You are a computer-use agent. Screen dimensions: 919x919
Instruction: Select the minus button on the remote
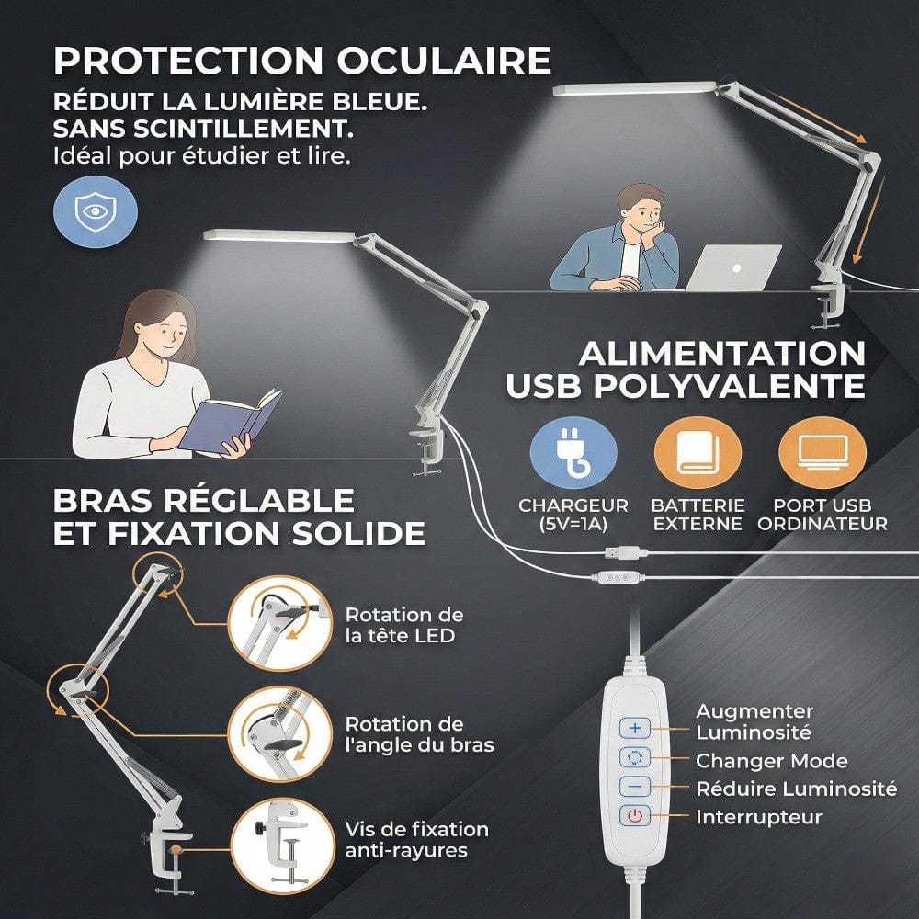634,787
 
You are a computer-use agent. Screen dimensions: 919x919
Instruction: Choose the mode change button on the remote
634,757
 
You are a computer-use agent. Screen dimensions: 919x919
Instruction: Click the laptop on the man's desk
732,267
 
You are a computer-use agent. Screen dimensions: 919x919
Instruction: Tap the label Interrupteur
759,817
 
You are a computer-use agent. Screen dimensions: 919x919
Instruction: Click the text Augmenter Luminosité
754,722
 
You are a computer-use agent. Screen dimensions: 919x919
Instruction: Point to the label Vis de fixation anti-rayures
416,840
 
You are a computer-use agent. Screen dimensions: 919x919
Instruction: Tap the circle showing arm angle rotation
273,734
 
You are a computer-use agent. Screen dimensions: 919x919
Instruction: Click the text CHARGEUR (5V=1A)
573,515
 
